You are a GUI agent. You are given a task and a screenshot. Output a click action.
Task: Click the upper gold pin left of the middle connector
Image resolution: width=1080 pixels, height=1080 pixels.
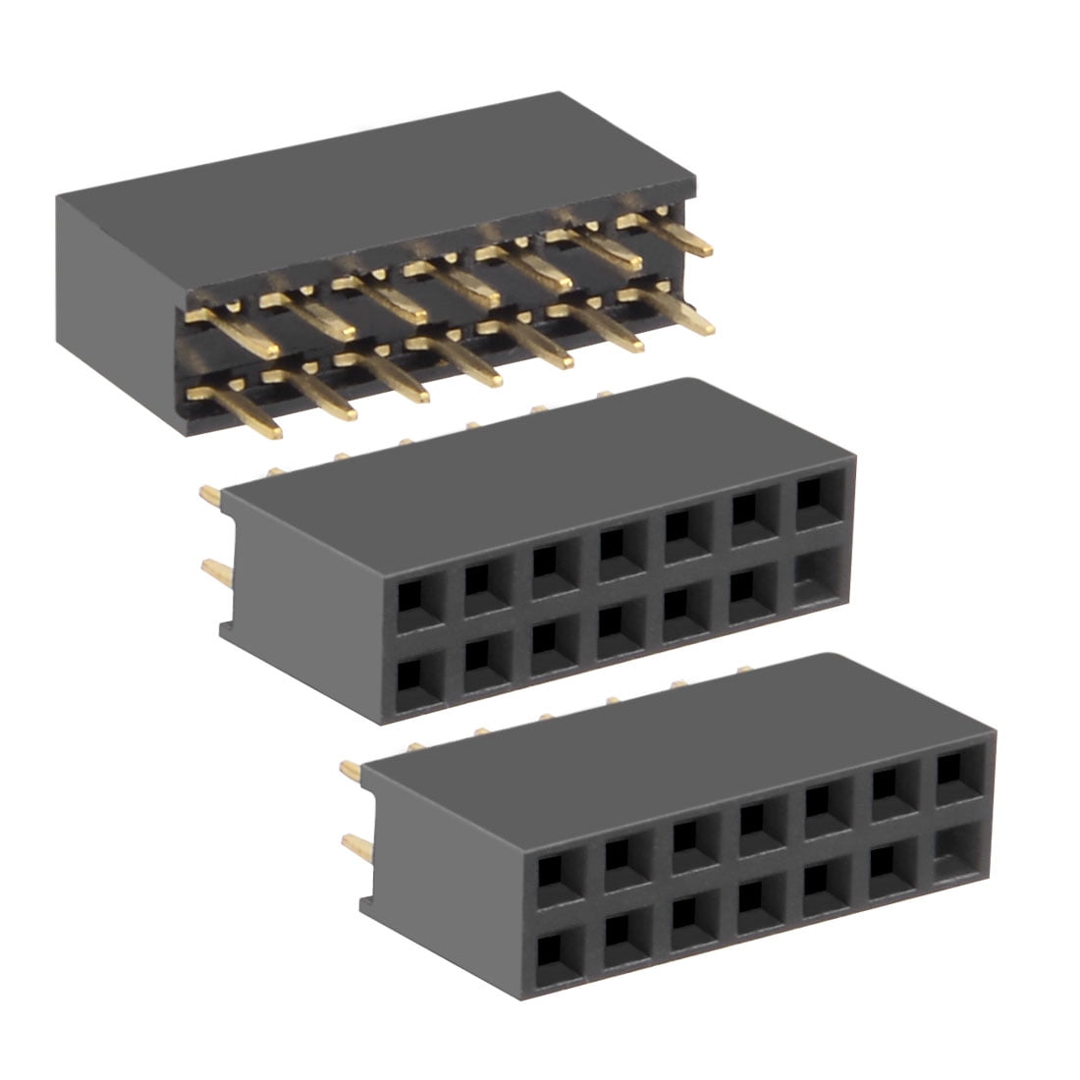click(x=210, y=496)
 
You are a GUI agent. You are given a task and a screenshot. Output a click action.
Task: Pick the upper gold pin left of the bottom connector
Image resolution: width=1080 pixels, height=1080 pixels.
click(x=351, y=771)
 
